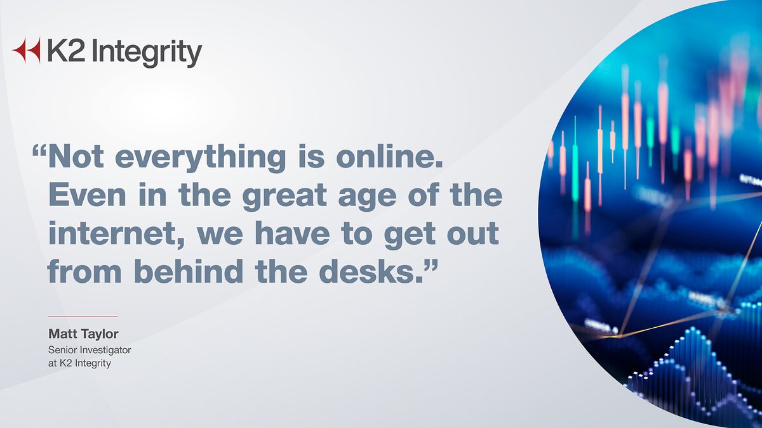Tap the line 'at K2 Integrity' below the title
pos(80,363)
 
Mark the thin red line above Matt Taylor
pos(83,316)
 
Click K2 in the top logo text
pos(61,51)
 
